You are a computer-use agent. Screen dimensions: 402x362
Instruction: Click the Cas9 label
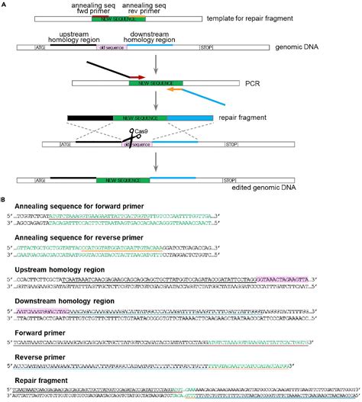[x=144, y=130]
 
